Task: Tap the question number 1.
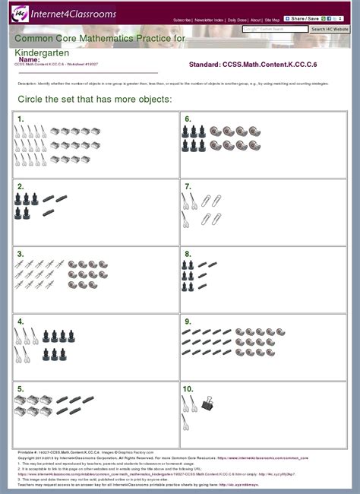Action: tap(21, 119)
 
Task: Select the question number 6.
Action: tap(188, 119)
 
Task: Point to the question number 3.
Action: tap(21, 254)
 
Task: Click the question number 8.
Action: tap(188, 254)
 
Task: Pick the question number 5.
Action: tap(21, 388)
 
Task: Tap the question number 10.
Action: tap(189, 388)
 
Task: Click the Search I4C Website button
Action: tap(330, 29)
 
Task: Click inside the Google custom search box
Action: tap(274, 29)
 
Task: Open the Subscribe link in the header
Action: tap(182, 20)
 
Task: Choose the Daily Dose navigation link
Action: tap(238, 20)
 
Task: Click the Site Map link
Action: tap(272, 20)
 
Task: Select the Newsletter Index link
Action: tap(209, 20)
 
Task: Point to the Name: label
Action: tap(29, 59)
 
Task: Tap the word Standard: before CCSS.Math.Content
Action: tap(204, 65)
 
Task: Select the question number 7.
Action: tap(188, 186)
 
